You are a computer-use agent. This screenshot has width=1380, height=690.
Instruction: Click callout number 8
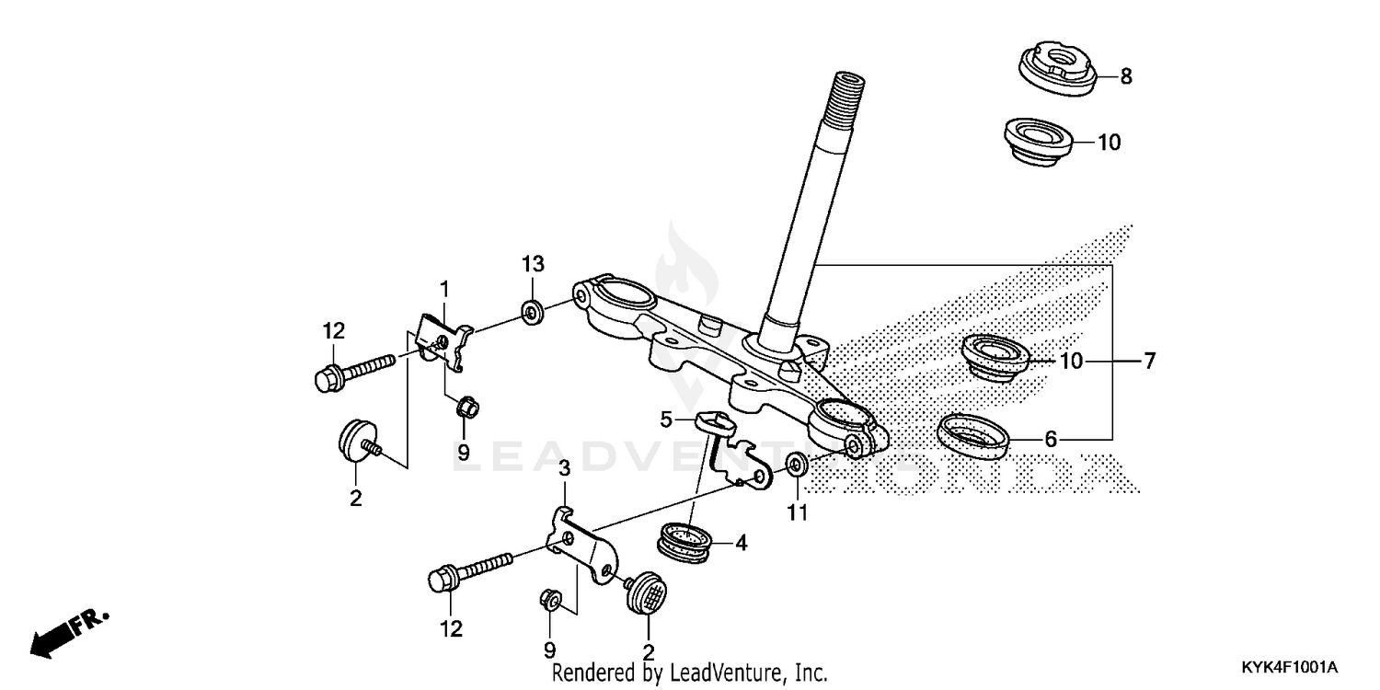pyautogui.click(x=1125, y=77)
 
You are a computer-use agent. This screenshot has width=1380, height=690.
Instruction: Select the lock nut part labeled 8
pyautogui.click(x=1057, y=69)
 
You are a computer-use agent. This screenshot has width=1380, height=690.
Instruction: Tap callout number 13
pyautogui.click(x=534, y=264)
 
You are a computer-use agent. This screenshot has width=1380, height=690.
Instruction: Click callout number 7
pyautogui.click(x=1148, y=362)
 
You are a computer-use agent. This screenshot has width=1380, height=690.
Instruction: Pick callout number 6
pyautogui.click(x=1050, y=440)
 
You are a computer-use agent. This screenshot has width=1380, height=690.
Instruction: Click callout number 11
pyautogui.click(x=797, y=512)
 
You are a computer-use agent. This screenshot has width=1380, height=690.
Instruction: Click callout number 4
pyautogui.click(x=741, y=544)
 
